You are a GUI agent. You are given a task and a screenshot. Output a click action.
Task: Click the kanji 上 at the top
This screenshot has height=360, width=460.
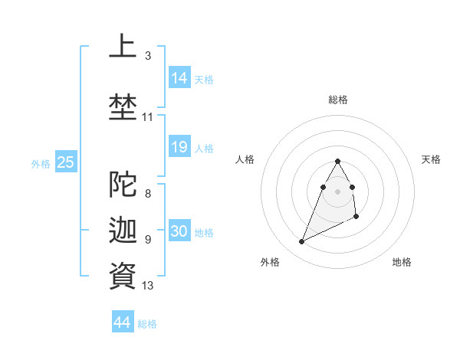123,46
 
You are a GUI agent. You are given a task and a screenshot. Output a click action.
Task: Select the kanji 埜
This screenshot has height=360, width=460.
123,106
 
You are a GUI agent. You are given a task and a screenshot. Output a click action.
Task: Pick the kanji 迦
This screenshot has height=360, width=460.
123,230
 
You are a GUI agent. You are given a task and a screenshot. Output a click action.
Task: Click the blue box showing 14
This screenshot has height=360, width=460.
179,77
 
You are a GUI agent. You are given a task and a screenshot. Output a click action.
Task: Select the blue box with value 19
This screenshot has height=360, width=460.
179,147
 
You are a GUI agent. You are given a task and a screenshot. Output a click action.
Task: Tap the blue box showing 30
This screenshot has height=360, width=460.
179,231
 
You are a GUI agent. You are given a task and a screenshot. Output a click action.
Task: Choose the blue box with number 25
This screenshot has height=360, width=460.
65,162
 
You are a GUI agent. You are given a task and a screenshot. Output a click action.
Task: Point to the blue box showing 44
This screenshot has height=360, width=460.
123,322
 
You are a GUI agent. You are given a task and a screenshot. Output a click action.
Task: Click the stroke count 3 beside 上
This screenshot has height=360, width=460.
148,56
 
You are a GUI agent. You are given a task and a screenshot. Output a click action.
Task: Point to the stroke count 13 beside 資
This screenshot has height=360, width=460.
148,286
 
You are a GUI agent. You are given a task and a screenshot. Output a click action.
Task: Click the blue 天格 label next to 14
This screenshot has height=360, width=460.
204,79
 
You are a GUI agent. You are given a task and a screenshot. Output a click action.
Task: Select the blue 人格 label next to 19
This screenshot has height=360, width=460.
204,149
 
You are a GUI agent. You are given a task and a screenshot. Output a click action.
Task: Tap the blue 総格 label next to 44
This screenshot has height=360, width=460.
147,324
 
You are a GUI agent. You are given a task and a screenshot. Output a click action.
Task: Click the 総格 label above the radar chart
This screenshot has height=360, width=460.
337,100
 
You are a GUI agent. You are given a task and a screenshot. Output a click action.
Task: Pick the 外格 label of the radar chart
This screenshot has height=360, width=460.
270,262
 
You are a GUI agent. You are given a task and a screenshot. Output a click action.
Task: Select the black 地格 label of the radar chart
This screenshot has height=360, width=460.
402,262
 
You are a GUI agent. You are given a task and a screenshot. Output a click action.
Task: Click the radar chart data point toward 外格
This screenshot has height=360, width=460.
301,242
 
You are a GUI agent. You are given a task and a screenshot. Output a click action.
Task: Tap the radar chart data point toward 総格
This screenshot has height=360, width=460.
337,161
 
